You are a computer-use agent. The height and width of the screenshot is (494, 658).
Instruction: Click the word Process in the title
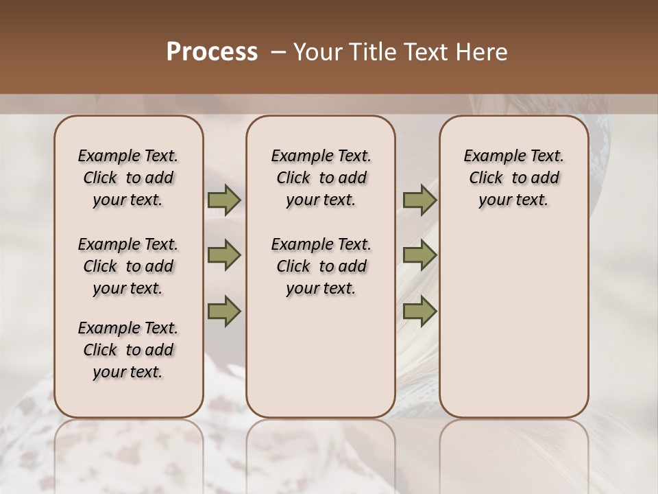tap(212, 52)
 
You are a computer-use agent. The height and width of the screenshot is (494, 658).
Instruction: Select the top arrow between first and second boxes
tap(224, 200)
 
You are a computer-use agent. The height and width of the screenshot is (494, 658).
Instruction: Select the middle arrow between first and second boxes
tap(224, 255)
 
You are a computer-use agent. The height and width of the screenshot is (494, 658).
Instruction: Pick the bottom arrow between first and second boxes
tap(224, 311)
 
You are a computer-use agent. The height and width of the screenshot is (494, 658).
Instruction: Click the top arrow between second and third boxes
tap(419, 200)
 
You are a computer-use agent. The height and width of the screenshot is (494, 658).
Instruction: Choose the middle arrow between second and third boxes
tap(419, 255)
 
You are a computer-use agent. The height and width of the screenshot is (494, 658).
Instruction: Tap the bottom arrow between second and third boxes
tap(419, 311)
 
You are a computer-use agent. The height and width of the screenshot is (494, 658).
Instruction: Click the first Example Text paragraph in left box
tap(128, 178)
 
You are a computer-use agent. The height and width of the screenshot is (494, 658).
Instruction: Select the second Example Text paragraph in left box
tap(128, 266)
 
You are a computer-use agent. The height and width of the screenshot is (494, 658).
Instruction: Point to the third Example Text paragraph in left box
tap(128, 350)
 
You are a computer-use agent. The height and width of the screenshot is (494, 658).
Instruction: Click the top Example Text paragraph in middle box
tap(321, 178)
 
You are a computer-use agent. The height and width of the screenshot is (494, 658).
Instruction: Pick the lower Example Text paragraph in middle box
tap(321, 266)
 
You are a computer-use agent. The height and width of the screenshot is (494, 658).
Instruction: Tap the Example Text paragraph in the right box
tap(513, 178)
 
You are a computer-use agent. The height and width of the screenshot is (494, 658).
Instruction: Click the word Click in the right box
tap(486, 178)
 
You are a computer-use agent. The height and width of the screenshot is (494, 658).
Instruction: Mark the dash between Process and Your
tap(279, 52)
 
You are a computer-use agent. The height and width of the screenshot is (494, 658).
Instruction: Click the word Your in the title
tap(318, 52)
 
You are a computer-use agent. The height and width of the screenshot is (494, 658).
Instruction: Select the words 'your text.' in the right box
tap(513, 200)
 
